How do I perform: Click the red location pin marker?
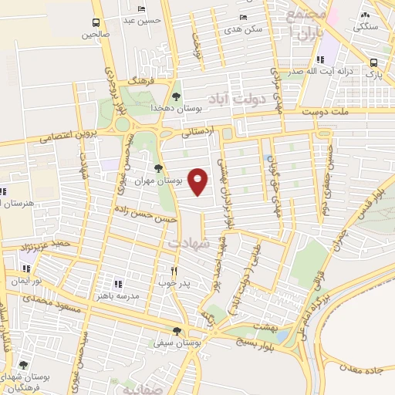click(198, 181)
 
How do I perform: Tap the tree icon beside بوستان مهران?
click(158, 167)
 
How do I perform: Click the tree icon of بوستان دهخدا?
click(177, 96)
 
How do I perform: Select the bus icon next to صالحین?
click(96, 22)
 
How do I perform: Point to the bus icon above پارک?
click(373, 62)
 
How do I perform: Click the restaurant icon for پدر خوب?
click(174, 271)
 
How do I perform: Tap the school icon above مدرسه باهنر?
click(117, 284)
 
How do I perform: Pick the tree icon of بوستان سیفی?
click(177, 331)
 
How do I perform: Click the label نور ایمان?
click(26, 282)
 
